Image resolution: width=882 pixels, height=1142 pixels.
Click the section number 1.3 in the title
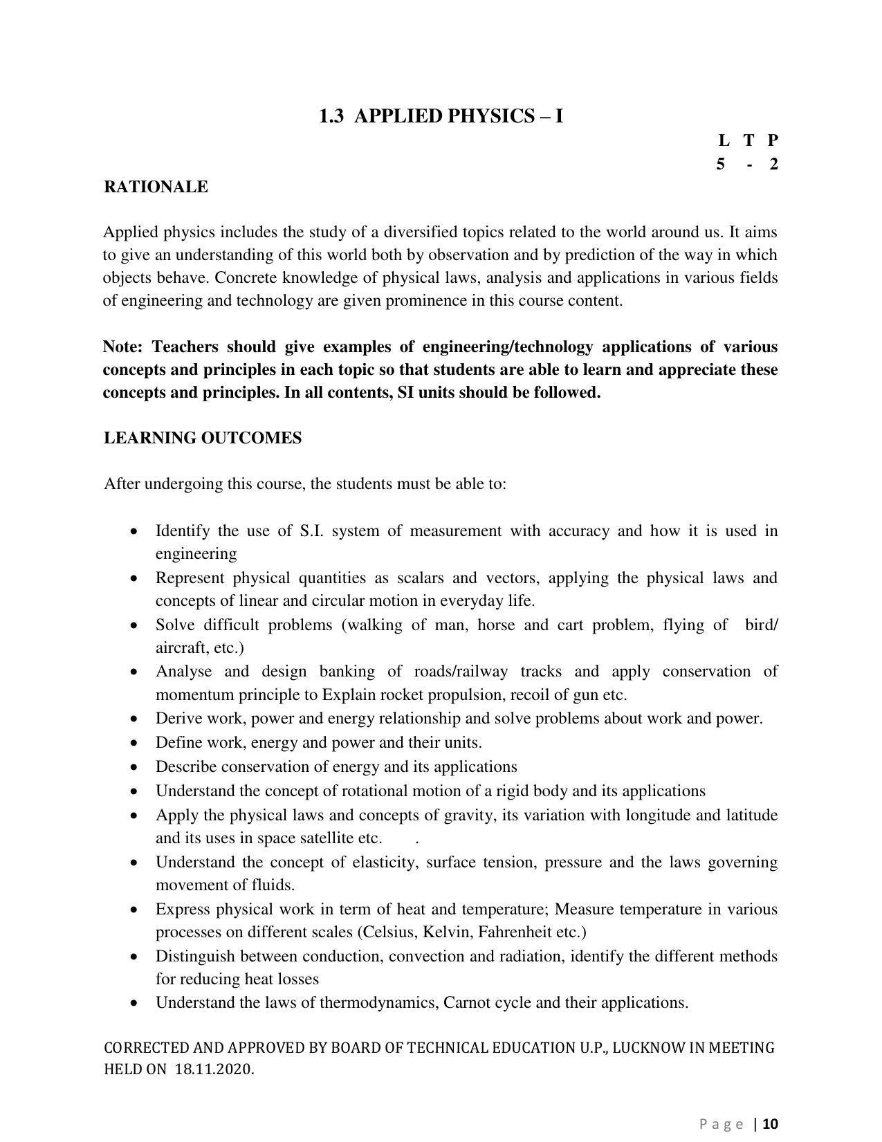coord(331,116)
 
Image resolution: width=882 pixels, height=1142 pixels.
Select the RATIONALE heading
coord(156,187)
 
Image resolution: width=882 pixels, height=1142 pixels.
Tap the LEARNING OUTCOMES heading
coord(203,438)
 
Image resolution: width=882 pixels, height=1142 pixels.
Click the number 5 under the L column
coord(721,165)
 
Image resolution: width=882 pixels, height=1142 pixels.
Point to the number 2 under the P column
coord(773,165)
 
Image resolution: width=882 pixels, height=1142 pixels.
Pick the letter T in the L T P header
coord(748,140)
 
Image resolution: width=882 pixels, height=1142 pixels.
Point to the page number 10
coord(771,1124)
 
